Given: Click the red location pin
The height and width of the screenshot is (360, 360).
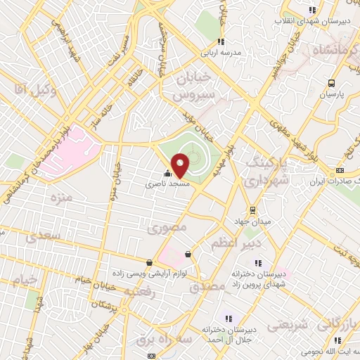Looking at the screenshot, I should tap(180, 165).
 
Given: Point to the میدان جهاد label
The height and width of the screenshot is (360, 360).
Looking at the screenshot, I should tap(251, 222).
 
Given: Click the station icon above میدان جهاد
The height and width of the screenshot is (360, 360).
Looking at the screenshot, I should tap(252, 210).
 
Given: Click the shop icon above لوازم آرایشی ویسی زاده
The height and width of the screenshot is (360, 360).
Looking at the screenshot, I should tap(188, 254).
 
